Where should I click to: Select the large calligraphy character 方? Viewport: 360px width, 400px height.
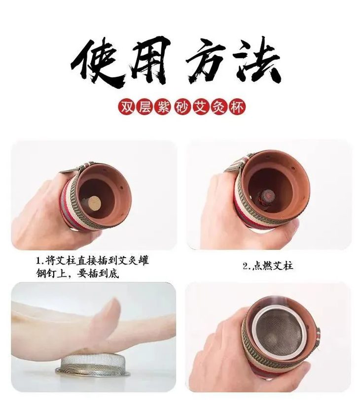pos(207,62)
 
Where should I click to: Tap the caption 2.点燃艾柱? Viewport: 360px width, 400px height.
pos(268,266)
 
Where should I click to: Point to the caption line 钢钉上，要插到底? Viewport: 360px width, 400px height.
pos(77,273)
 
